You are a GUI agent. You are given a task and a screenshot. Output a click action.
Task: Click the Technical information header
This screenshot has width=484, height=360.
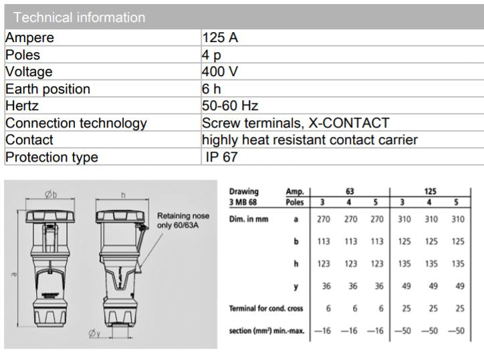coord(79,17)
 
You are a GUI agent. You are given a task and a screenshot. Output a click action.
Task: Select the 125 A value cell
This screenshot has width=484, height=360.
coord(220,38)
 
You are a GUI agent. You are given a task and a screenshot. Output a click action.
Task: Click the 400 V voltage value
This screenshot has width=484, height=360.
coord(221,71)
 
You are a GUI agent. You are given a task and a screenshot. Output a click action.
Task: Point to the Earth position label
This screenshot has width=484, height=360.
coord(47,89)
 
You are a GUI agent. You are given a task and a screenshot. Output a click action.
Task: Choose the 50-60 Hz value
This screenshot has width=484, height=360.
coord(230,106)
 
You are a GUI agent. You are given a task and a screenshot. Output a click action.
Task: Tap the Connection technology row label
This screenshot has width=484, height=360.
coord(76,124)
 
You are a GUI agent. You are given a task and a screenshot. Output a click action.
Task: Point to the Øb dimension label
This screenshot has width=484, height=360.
coord(51,194)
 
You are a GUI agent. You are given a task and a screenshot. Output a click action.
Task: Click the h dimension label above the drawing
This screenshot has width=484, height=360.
coord(124,194)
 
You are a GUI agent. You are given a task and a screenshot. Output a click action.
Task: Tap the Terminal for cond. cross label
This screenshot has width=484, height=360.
coord(265,308)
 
